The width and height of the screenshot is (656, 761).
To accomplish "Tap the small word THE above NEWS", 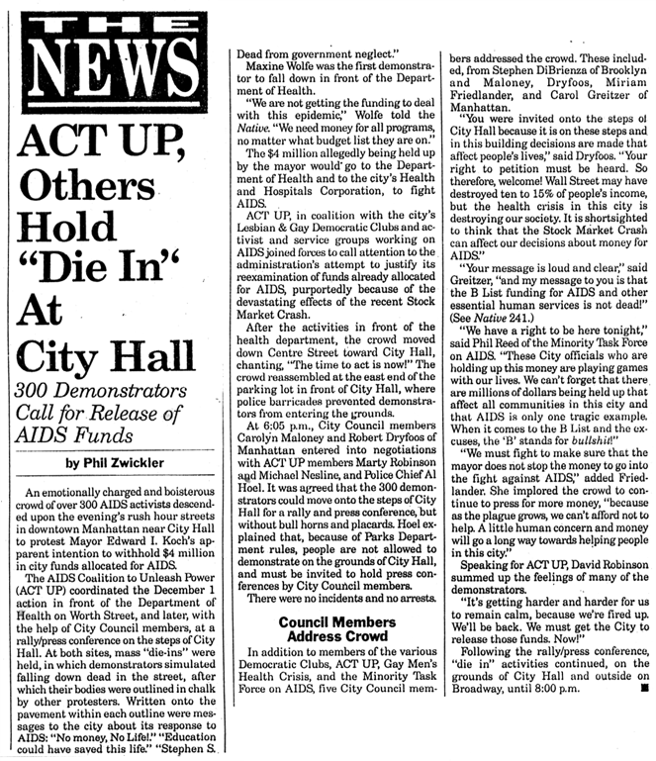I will [x=108, y=22].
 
